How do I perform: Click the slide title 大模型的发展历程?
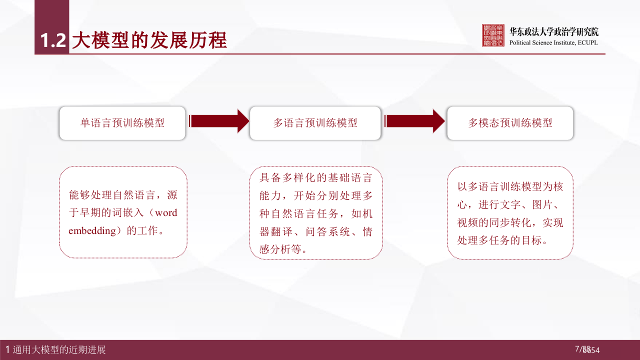click(149, 40)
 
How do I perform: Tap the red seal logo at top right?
click(493, 35)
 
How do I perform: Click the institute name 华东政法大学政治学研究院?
click(553, 32)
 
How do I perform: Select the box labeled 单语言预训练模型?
click(122, 123)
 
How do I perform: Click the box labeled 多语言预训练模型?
click(315, 123)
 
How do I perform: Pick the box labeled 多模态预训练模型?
click(510, 123)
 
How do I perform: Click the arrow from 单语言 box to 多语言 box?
click(218, 121)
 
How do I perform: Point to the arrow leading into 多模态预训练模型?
click(414, 121)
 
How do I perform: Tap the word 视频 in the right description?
click(467, 222)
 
